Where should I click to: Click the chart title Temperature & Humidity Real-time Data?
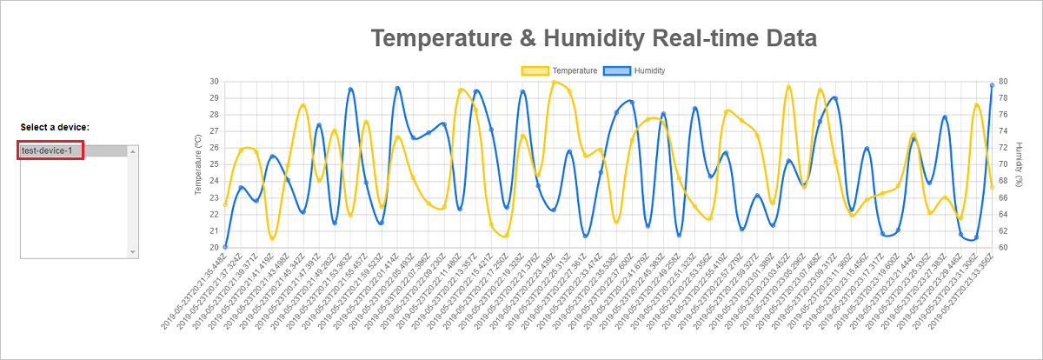pos(594,38)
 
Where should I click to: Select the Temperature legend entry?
pos(574,70)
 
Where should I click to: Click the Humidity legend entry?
pos(649,70)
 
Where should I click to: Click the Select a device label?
pos(55,128)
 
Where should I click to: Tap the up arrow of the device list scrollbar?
pos(133,151)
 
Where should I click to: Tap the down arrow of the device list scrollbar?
pos(133,252)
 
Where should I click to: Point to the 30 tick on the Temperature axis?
pos(214,81)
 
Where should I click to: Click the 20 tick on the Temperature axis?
pos(214,248)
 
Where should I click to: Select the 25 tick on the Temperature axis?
pos(214,164)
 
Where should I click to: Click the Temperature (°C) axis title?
pos(198,164)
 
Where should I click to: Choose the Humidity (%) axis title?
pos(1020,164)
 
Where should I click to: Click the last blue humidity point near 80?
pos(992,85)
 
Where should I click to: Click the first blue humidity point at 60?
pos(225,247)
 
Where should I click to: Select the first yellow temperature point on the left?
pos(225,204)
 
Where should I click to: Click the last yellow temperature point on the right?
pos(992,188)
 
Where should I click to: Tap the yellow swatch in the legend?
pos(535,70)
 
